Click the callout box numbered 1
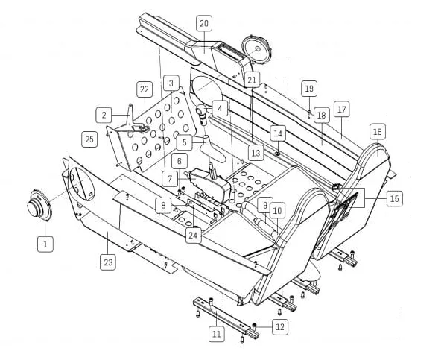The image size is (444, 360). tap(45, 244)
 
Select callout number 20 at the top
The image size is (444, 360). tap(204, 23)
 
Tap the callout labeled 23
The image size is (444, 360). tap(108, 262)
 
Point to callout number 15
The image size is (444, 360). tap(394, 198)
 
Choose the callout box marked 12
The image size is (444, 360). tap(280, 327)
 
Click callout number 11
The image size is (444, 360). tap(217, 334)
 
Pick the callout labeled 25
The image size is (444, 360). tap(89, 139)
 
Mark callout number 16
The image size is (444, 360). tap(378, 131)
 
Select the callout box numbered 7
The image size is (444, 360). tap(170, 178)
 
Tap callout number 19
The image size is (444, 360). tap(309, 89)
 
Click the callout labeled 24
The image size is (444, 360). tap(194, 235)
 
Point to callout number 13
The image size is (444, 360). tap(256, 154)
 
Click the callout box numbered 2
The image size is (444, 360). tap(104, 115)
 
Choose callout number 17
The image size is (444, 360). tap(342, 109)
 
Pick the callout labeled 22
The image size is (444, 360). tap(145, 89)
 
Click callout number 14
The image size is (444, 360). tap(278, 133)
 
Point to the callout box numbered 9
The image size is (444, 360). tap(265, 205)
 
